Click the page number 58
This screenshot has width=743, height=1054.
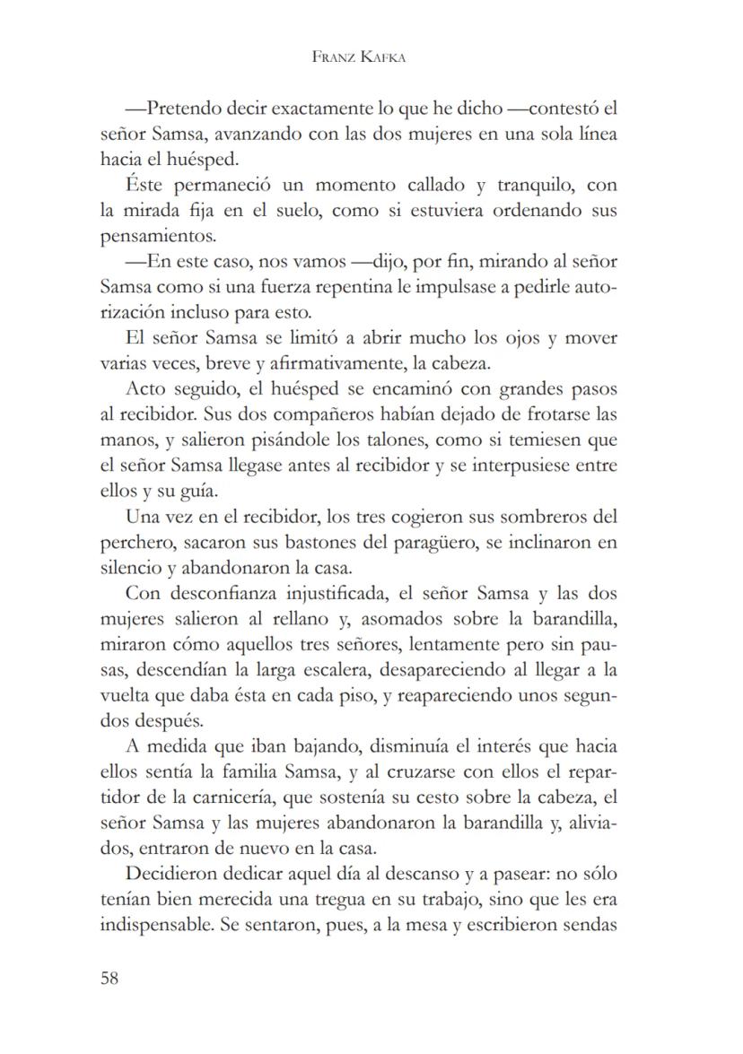(109, 978)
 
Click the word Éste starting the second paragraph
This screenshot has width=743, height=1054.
(144, 186)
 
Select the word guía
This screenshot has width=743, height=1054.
(199, 492)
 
